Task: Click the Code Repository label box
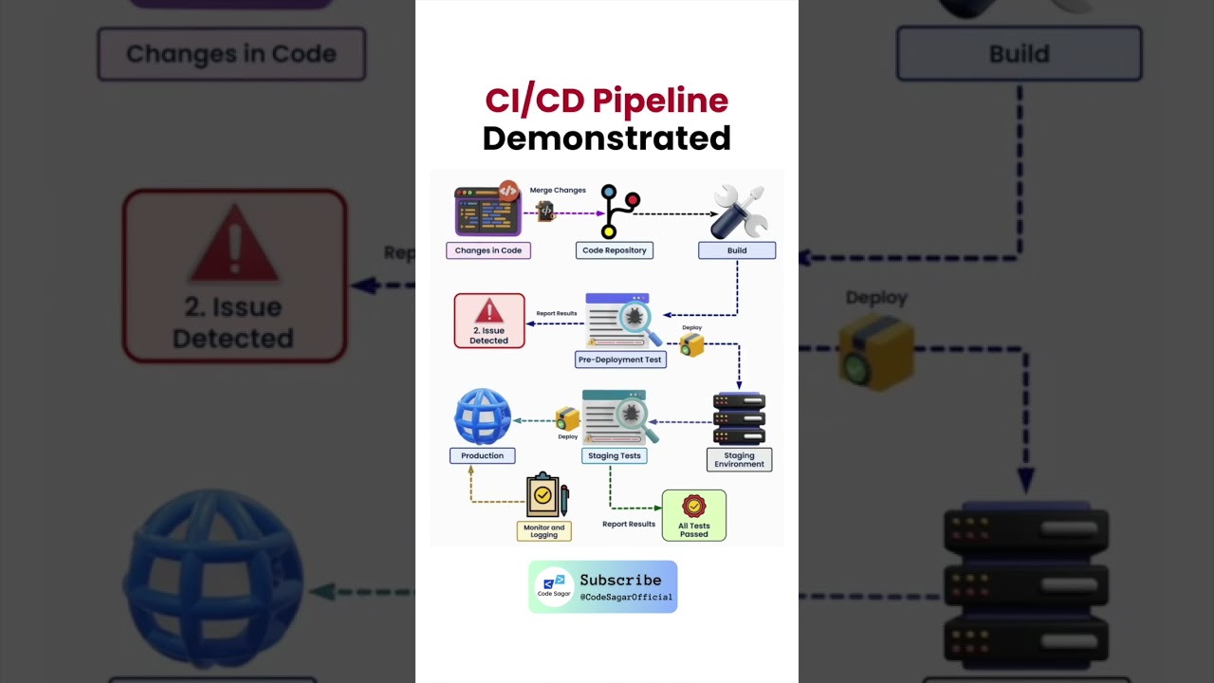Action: (x=614, y=250)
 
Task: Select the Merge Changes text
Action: (x=558, y=191)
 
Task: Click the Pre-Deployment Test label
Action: (x=620, y=360)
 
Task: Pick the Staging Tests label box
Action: (x=615, y=455)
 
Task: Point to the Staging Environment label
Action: (x=739, y=460)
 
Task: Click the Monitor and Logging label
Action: (x=543, y=531)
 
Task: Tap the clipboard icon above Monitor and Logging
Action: (x=546, y=495)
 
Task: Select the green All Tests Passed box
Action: (x=693, y=515)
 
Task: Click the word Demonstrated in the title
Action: (x=606, y=138)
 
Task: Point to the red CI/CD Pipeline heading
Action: (x=606, y=100)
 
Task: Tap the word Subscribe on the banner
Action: (x=620, y=580)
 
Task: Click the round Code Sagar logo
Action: (x=554, y=586)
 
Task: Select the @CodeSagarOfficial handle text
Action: (x=626, y=598)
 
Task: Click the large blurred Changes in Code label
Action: (x=231, y=54)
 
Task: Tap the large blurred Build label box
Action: (x=1019, y=54)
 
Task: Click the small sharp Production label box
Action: (x=482, y=455)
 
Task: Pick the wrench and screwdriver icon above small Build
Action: (x=739, y=212)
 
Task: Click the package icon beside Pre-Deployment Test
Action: (x=691, y=344)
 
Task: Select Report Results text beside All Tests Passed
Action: (x=629, y=524)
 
